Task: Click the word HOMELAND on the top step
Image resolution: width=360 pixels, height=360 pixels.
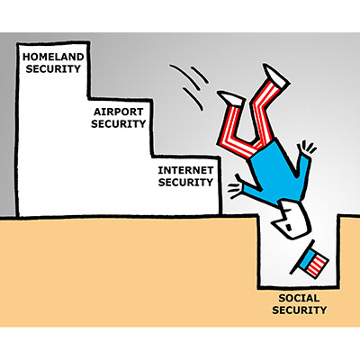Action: pyautogui.click(x=53, y=57)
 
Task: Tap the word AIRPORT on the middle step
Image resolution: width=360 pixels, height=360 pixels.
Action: pyautogui.click(x=119, y=112)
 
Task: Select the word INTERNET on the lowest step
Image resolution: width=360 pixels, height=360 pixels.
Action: pyautogui.click(x=185, y=170)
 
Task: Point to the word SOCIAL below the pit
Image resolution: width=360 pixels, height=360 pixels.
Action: pyautogui.click(x=299, y=298)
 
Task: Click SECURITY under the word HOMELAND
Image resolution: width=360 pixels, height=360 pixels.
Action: pyautogui.click(x=53, y=68)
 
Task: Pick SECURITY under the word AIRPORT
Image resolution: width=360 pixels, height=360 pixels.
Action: pyautogui.click(x=119, y=123)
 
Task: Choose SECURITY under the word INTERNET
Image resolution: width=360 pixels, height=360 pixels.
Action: pyautogui.click(x=185, y=182)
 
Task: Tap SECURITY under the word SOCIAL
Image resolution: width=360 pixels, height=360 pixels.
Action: pyautogui.click(x=299, y=310)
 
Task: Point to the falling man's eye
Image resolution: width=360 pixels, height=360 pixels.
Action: pyautogui.click(x=288, y=227)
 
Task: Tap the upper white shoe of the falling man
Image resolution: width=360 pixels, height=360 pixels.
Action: pyautogui.click(x=275, y=76)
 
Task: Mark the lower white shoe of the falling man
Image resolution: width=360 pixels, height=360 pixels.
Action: pyautogui.click(x=231, y=98)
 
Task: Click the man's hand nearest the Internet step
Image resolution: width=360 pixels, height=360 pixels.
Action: pyautogui.click(x=236, y=187)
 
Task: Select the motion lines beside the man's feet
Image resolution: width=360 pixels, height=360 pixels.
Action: pyautogui.click(x=189, y=85)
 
